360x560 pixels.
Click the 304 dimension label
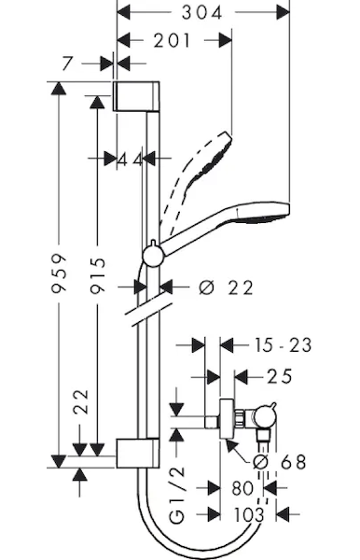(202, 13)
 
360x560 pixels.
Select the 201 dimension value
(173, 41)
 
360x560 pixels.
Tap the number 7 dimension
(68, 63)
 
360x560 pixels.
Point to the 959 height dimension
(59, 273)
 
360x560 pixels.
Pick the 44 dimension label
(131, 160)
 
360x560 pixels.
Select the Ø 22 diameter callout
(226, 287)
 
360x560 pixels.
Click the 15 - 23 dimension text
(283, 345)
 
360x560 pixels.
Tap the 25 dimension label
(280, 376)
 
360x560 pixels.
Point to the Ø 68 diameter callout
(280, 462)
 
